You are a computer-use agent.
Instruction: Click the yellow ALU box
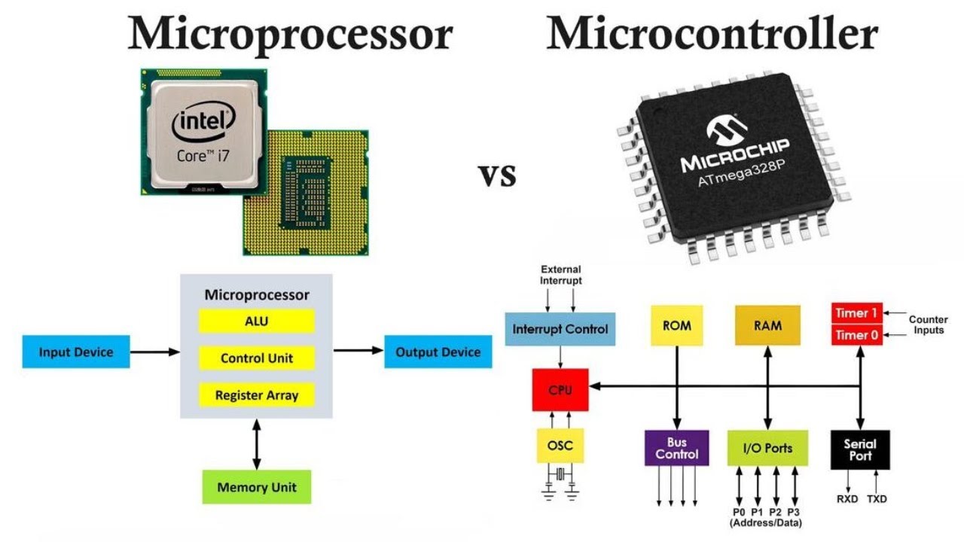(256, 321)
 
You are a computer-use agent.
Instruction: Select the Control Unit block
(256, 358)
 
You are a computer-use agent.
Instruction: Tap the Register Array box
(256, 395)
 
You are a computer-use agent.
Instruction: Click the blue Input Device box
(76, 352)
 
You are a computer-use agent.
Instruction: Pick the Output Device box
(438, 352)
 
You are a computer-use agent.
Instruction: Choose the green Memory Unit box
(256, 487)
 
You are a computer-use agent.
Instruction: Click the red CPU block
(560, 390)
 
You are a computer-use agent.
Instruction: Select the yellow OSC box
(560, 446)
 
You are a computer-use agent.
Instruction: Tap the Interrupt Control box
(560, 329)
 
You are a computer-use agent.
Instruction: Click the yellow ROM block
(676, 326)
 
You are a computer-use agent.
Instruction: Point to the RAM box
(767, 326)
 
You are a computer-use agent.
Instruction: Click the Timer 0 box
(856, 335)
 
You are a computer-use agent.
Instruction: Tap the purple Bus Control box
(676, 448)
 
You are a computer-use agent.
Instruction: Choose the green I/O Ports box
(767, 448)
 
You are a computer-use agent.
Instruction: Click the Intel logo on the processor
(203, 125)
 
